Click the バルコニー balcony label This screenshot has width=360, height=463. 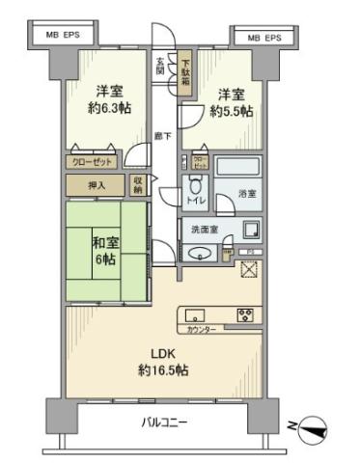tap(165, 422)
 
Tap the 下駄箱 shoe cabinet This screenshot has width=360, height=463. tap(184, 74)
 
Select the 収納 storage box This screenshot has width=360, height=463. tap(139, 183)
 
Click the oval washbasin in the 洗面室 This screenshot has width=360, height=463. tap(201, 254)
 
